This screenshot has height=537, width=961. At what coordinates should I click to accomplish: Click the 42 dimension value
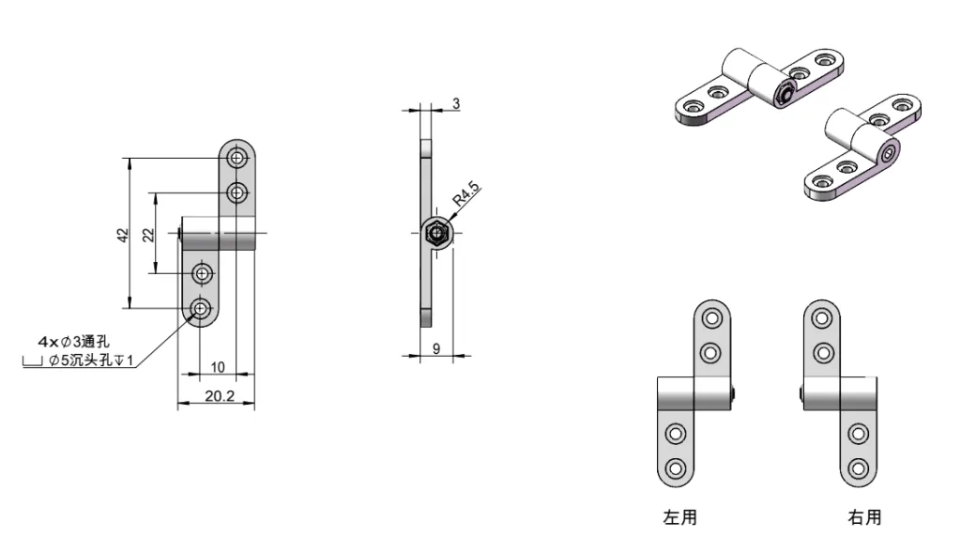(121, 235)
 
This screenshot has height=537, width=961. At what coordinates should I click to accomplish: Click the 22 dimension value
(148, 235)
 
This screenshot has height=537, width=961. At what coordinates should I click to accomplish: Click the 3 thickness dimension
(456, 104)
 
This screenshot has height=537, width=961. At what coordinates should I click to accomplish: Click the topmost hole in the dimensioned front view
(236, 156)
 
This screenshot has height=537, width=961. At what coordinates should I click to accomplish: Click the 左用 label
(680, 516)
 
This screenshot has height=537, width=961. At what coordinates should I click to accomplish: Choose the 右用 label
(864, 516)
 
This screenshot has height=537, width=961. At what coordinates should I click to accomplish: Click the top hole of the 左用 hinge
(711, 317)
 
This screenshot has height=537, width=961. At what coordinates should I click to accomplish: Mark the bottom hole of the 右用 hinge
(857, 468)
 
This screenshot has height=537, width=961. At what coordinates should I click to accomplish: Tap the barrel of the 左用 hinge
(693, 393)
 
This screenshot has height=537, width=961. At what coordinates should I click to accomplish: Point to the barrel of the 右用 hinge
(842, 393)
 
